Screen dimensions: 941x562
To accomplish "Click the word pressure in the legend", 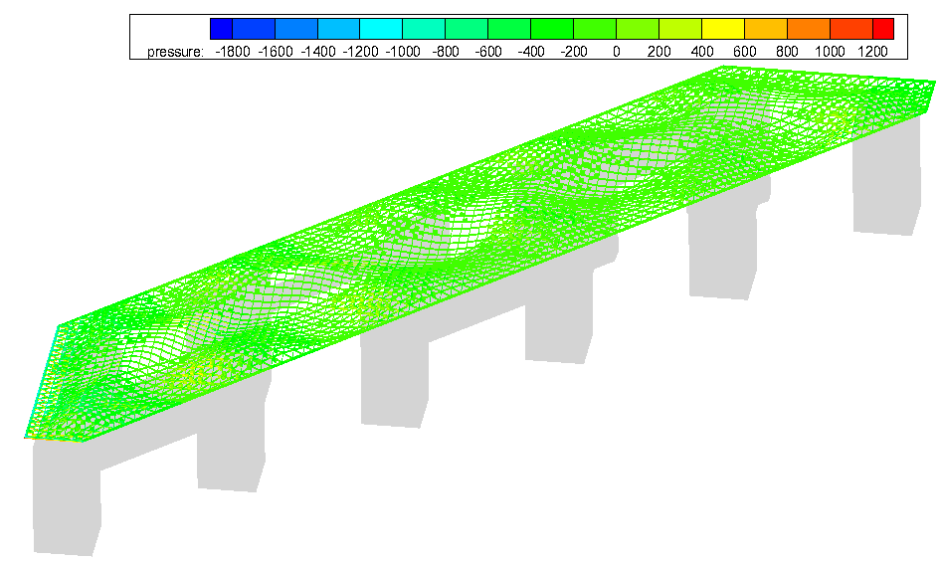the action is [175, 52].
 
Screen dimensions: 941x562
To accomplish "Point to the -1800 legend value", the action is [232, 52].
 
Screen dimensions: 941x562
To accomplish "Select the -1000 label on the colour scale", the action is [403, 52].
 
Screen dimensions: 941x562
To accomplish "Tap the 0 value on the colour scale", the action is [617, 52].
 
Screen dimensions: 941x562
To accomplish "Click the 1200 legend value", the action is [872, 52].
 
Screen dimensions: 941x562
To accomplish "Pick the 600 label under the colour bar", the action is [745, 52].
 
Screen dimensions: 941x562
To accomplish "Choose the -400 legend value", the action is [531, 52].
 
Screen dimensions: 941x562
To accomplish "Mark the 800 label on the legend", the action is [788, 52].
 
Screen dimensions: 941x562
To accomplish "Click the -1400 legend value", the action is [317, 52].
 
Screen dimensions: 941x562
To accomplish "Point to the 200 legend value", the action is [659, 52].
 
